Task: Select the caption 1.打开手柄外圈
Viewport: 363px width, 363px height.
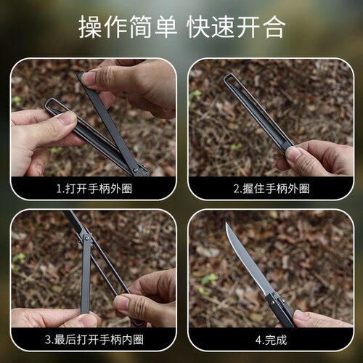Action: (93, 187)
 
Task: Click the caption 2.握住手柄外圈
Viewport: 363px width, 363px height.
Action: (271, 187)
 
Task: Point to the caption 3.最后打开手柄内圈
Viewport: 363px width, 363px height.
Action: (93, 338)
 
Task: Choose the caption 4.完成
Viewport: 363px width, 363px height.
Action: (271, 338)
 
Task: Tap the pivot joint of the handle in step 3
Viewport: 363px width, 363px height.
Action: (86, 237)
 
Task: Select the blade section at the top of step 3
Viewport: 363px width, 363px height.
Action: (73, 221)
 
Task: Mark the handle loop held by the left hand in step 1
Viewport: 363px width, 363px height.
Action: (54, 109)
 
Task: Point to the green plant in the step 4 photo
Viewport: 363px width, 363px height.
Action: (211, 280)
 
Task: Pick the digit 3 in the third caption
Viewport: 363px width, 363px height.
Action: (47, 338)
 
